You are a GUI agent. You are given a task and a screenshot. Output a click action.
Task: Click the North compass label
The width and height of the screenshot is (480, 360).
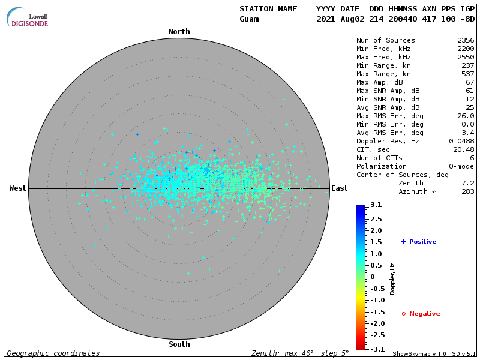[x=179, y=32]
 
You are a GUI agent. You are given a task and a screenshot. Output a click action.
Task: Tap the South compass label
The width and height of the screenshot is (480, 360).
[x=179, y=344]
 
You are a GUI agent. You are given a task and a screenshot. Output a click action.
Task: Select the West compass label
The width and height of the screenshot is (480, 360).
[x=18, y=188]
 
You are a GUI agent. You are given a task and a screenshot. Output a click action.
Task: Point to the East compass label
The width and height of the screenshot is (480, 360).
[x=340, y=188]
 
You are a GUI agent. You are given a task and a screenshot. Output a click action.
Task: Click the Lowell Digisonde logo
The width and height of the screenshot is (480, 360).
[x=29, y=17]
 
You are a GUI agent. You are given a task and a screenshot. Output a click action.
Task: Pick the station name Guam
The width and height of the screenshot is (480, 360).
[x=249, y=19]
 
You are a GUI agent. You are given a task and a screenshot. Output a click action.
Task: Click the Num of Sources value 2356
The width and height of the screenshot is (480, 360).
[x=465, y=40]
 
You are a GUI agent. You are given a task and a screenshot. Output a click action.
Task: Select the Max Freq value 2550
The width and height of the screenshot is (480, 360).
[x=465, y=57]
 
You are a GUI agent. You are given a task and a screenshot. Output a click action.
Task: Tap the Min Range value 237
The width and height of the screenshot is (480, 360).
[x=467, y=65]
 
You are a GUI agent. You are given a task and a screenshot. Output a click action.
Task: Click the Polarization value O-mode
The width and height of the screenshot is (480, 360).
[x=461, y=166]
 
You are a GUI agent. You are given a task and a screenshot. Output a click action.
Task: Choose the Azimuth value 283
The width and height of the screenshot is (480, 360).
[x=467, y=191]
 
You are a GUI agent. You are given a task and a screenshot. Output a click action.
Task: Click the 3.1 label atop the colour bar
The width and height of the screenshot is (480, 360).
[x=376, y=205]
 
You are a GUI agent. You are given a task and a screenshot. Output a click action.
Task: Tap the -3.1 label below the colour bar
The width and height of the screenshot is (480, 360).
[x=375, y=349]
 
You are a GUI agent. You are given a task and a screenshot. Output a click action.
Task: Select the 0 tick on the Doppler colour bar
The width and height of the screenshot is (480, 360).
[x=373, y=277]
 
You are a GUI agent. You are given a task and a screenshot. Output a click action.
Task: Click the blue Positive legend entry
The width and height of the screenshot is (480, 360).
[x=419, y=242]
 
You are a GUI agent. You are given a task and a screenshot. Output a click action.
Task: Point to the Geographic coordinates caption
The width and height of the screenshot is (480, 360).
[x=53, y=353]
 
